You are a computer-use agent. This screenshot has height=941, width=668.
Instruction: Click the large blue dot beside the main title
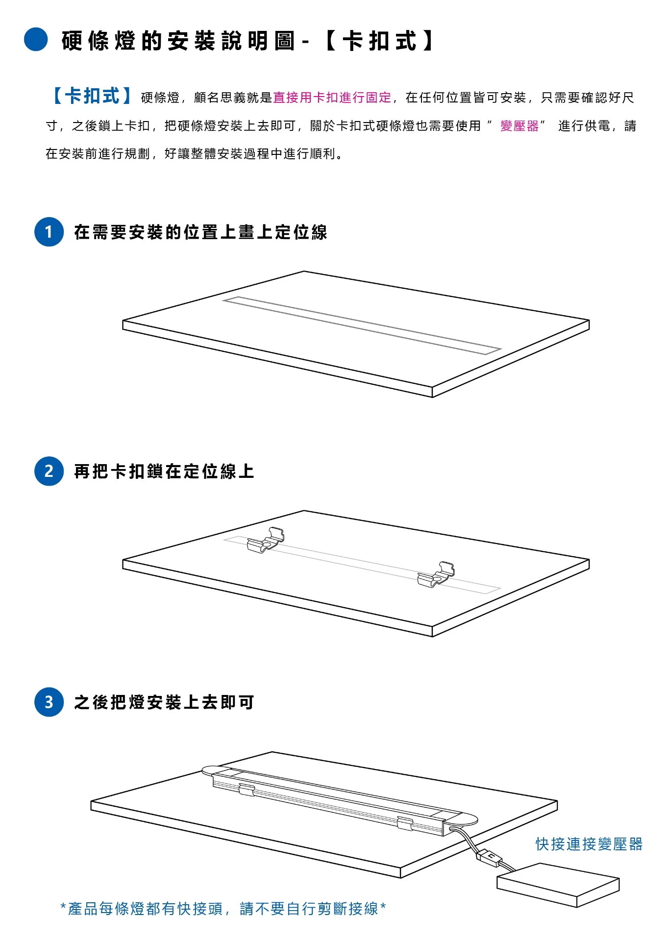(36, 39)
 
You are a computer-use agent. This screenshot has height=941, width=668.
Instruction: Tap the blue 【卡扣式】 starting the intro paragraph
(92, 96)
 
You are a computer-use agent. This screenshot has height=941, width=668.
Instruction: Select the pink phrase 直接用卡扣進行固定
(332, 98)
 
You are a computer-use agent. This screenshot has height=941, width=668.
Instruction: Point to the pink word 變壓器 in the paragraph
(519, 126)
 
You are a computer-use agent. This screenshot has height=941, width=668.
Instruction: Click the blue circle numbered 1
(49, 232)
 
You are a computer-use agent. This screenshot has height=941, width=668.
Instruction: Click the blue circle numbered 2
(49, 471)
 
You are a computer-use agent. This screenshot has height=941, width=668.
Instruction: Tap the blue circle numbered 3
(49, 702)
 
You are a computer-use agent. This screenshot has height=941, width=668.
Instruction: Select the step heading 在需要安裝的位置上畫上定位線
(200, 232)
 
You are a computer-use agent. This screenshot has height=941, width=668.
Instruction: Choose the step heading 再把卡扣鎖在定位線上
(164, 471)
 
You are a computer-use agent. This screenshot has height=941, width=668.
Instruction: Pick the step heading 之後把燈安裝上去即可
(164, 702)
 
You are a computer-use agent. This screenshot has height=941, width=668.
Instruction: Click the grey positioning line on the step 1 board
(362, 324)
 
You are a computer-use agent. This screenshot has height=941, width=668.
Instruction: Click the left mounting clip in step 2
(266, 540)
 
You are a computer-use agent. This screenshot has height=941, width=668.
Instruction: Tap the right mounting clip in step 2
(436, 574)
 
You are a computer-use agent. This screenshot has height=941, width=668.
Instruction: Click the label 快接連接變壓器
(589, 844)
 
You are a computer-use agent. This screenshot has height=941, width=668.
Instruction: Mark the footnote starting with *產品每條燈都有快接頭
(223, 908)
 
